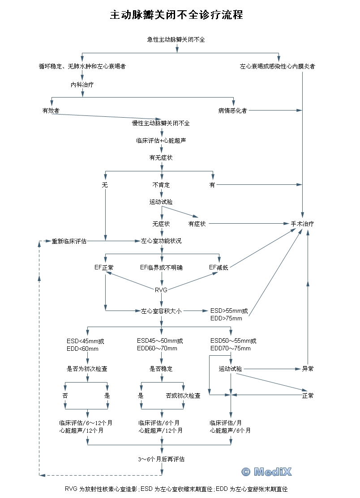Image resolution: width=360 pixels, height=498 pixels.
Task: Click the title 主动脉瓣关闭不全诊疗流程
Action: click(x=177, y=15)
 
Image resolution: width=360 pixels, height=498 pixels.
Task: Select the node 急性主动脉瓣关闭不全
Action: click(x=176, y=39)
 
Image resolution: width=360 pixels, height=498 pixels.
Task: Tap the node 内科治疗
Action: click(x=82, y=84)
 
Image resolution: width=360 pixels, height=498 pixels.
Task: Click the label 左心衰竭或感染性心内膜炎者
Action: click(x=278, y=66)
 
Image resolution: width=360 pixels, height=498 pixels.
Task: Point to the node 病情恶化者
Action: click(x=232, y=111)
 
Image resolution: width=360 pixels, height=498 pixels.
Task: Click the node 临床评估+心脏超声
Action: click(x=161, y=140)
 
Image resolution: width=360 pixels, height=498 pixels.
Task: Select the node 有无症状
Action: click(x=161, y=157)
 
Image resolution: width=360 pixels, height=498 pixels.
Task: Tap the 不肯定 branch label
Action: click(x=161, y=184)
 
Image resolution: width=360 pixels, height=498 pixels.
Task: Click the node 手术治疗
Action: click(x=302, y=224)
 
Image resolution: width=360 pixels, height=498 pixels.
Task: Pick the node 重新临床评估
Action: click(x=69, y=241)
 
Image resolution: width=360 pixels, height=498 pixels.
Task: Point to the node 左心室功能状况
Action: click(x=161, y=241)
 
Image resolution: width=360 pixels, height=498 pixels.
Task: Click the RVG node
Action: click(x=161, y=290)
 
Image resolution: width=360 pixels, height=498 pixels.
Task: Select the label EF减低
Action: click(x=219, y=268)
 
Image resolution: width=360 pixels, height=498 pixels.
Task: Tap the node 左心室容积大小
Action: click(x=161, y=311)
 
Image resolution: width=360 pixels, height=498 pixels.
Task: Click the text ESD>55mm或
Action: click(x=229, y=311)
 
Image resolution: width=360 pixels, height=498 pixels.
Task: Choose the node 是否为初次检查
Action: click(x=87, y=369)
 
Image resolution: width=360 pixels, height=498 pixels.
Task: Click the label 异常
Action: click(x=308, y=369)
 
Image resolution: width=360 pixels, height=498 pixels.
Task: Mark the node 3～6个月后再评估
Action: click(x=161, y=459)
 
